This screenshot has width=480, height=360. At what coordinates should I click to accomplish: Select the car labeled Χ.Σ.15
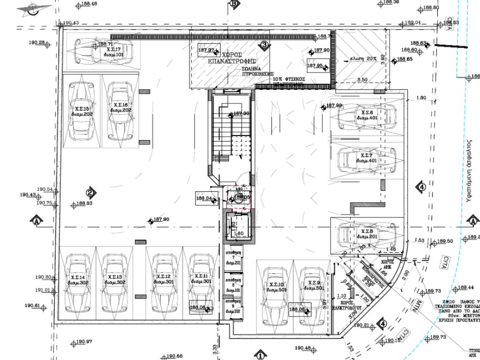pyautogui.click(x=82, y=112)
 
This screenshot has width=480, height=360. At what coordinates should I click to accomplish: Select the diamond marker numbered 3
pyautogui.click(x=264, y=45)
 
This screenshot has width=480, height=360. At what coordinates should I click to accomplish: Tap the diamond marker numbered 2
pyautogui.click(x=90, y=192)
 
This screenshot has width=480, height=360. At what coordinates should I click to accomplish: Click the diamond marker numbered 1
pyautogui.click(x=259, y=355)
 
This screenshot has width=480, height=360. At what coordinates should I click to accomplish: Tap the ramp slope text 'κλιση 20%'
pyautogui.click(x=363, y=59)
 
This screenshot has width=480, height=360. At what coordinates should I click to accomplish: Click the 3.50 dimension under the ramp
pyautogui.click(x=362, y=80)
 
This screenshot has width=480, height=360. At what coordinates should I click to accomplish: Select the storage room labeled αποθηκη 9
pyautogui.click(x=233, y=308)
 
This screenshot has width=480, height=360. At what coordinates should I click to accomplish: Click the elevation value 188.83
pyautogui.click(x=84, y=204)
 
